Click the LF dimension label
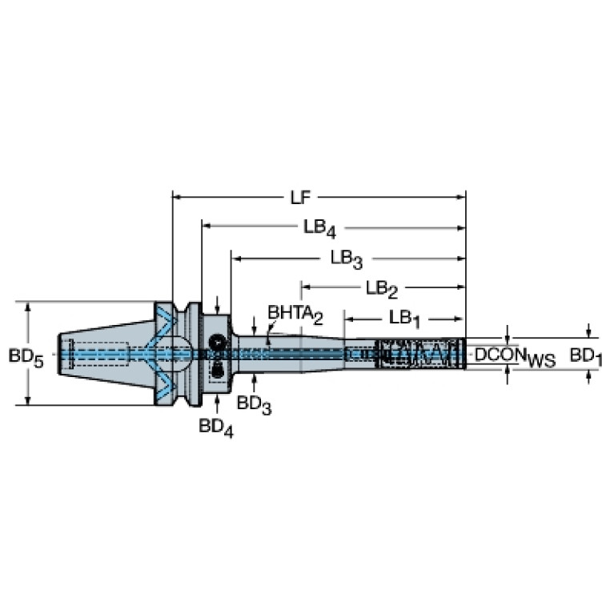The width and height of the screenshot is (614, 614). coord(300,198)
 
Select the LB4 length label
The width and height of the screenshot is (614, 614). coord(319,228)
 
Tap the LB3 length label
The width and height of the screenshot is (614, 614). coord(347,259)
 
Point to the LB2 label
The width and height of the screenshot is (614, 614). coord(382,289)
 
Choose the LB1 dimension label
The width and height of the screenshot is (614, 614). coord(404,319)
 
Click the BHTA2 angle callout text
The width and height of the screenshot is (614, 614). coord(295,315)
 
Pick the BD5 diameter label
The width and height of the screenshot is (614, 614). coord(26,358)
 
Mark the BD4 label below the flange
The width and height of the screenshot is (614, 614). coord(216,427)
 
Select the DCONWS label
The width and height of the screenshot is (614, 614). coord(515,357)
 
